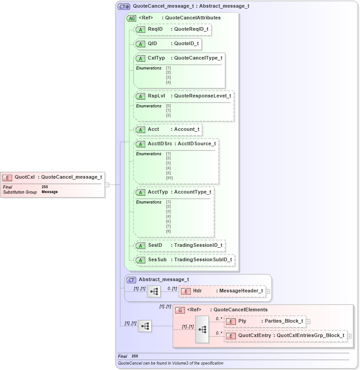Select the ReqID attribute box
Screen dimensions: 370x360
coord(173,29)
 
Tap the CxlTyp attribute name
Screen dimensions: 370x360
coord(156,58)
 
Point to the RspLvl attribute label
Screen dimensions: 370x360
coord(156,96)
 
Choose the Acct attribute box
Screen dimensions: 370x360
coord(168,129)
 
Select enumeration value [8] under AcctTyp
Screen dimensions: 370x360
coord(168,231)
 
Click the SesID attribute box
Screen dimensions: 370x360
coord(180,245)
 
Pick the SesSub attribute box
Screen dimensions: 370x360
coord(185,260)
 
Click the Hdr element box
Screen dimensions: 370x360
coord(222,291)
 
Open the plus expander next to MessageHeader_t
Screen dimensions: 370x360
coord(268,291)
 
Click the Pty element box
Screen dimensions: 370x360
coord(265,321)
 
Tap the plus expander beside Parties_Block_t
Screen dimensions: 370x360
coord(308,322)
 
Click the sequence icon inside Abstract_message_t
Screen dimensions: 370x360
coord(154,291)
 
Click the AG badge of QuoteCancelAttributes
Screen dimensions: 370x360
coord(131,18)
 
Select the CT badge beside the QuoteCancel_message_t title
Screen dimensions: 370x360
coord(124,7)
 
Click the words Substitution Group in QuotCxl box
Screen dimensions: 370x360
coord(20,192)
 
